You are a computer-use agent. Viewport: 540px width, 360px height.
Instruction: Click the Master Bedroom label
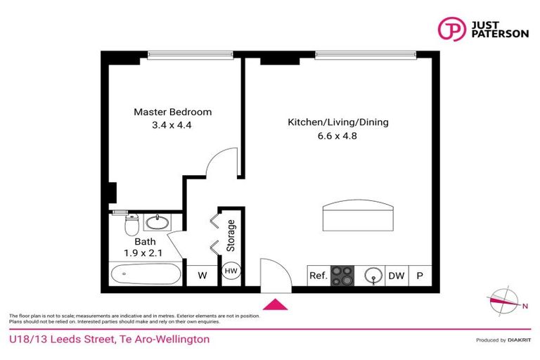172,112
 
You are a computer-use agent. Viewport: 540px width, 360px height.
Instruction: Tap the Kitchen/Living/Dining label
337,122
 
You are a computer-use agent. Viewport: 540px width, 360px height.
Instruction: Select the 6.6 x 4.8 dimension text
337,136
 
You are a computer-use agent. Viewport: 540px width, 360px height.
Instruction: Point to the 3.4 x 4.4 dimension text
172,126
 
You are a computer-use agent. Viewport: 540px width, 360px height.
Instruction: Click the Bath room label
135,241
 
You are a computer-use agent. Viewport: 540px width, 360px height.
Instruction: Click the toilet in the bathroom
130,226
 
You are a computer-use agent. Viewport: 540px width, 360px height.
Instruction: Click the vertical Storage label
231,236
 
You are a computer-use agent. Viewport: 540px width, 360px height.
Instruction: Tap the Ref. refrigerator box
319,276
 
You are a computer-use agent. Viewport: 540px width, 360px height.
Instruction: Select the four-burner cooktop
342,275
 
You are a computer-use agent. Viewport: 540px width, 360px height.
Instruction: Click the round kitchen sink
371,276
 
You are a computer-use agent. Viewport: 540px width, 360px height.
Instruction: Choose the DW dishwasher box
397,276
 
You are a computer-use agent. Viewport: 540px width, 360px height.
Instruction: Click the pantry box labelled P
420,276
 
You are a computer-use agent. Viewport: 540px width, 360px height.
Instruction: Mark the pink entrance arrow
275,304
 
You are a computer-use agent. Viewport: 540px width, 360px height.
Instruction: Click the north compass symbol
503,301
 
